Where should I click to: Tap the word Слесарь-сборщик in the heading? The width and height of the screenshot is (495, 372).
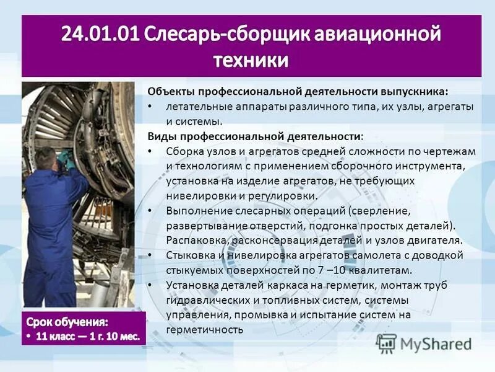[225, 34]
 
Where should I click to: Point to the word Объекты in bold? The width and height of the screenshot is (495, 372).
[170, 91]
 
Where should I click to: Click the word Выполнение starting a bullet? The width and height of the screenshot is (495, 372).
[196, 210]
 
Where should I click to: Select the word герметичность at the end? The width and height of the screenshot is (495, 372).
[205, 330]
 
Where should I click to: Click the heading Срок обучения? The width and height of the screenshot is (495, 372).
[67, 322]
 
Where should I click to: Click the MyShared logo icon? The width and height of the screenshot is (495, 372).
[386, 343]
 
